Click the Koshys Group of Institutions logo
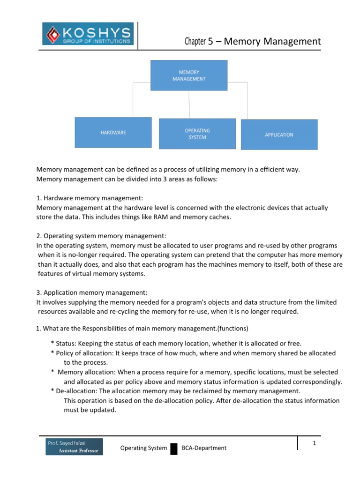[x=88, y=34]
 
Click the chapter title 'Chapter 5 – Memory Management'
[x=253, y=42]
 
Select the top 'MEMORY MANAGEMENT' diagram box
[x=189, y=75]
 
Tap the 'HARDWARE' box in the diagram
[x=113, y=133]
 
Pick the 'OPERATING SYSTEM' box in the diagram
[x=197, y=134]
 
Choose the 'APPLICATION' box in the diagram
[x=279, y=135]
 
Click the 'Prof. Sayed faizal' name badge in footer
[x=72, y=446]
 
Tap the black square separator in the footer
[x=174, y=449]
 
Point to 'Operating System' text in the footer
[x=143, y=448]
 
